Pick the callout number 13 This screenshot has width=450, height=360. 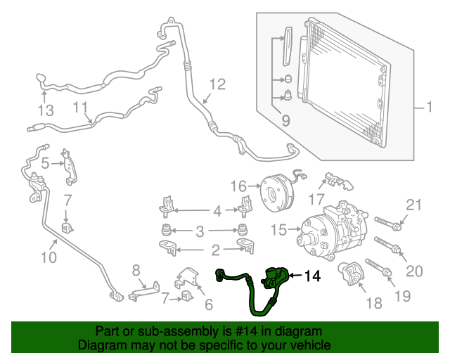46,110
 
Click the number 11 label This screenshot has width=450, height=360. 81,108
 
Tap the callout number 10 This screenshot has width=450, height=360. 49,257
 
